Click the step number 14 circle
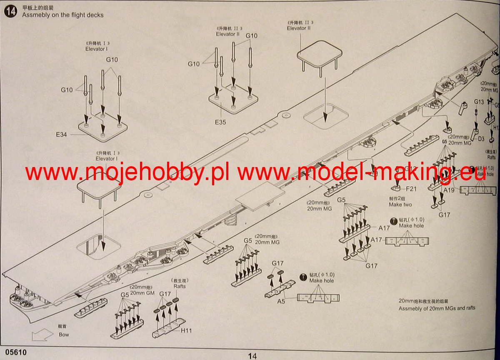pos(11,11)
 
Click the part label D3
pos(481,138)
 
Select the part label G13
pos(479,102)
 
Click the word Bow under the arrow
pos(64,334)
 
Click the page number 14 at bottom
pos(252,355)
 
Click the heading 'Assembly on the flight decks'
pos(63,15)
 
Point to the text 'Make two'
pos(400,205)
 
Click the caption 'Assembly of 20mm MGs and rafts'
pos(437,308)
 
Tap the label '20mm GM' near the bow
pos(142,293)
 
